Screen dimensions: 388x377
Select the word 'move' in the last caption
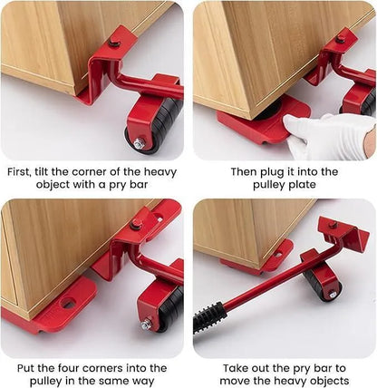point(237,383)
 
